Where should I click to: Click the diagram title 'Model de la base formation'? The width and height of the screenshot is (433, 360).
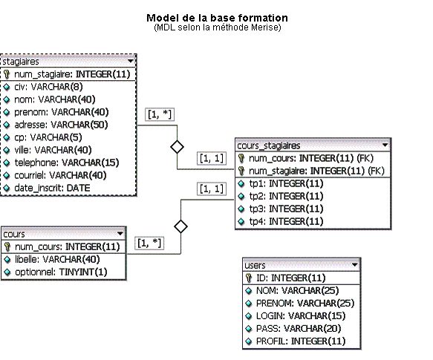click(x=217, y=18)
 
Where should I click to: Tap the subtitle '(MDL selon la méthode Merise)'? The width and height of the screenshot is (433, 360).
click(x=218, y=27)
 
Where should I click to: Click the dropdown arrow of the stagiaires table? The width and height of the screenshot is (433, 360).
click(x=130, y=61)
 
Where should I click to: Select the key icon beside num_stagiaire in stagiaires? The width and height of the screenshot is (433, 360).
click(x=7, y=74)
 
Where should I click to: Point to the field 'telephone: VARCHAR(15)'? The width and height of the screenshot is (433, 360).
click(x=67, y=163)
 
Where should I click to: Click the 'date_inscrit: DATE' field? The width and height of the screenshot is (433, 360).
click(x=52, y=188)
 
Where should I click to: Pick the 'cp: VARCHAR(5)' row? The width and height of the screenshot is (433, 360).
click(x=48, y=137)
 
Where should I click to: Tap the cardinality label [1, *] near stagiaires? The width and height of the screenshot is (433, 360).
click(x=160, y=114)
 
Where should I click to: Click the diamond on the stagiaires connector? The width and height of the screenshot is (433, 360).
click(x=177, y=147)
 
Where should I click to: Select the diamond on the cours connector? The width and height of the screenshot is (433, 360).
click(x=181, y=226)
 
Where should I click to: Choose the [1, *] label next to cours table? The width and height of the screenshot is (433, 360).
click(x=149, y=243)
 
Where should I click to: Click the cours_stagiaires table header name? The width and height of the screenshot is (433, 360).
click(x=268, y=145)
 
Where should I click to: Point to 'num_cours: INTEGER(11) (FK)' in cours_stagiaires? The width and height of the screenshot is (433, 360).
click(x=311, y=158)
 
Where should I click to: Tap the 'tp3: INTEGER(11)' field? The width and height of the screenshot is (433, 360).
click(x=286, y=209)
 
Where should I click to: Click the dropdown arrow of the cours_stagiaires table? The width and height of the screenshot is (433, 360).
click(x=385, y=145)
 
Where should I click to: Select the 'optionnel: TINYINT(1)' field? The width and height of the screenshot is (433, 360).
click(x=61, y=272)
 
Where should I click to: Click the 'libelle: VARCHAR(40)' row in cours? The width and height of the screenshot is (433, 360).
click(x=57, y=259)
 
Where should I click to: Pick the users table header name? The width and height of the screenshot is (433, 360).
click(x=255, y=265)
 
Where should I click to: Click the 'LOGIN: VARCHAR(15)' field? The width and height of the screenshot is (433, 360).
click(x=301, y=315)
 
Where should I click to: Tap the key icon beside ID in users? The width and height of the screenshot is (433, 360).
click(x=249, y=278)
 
